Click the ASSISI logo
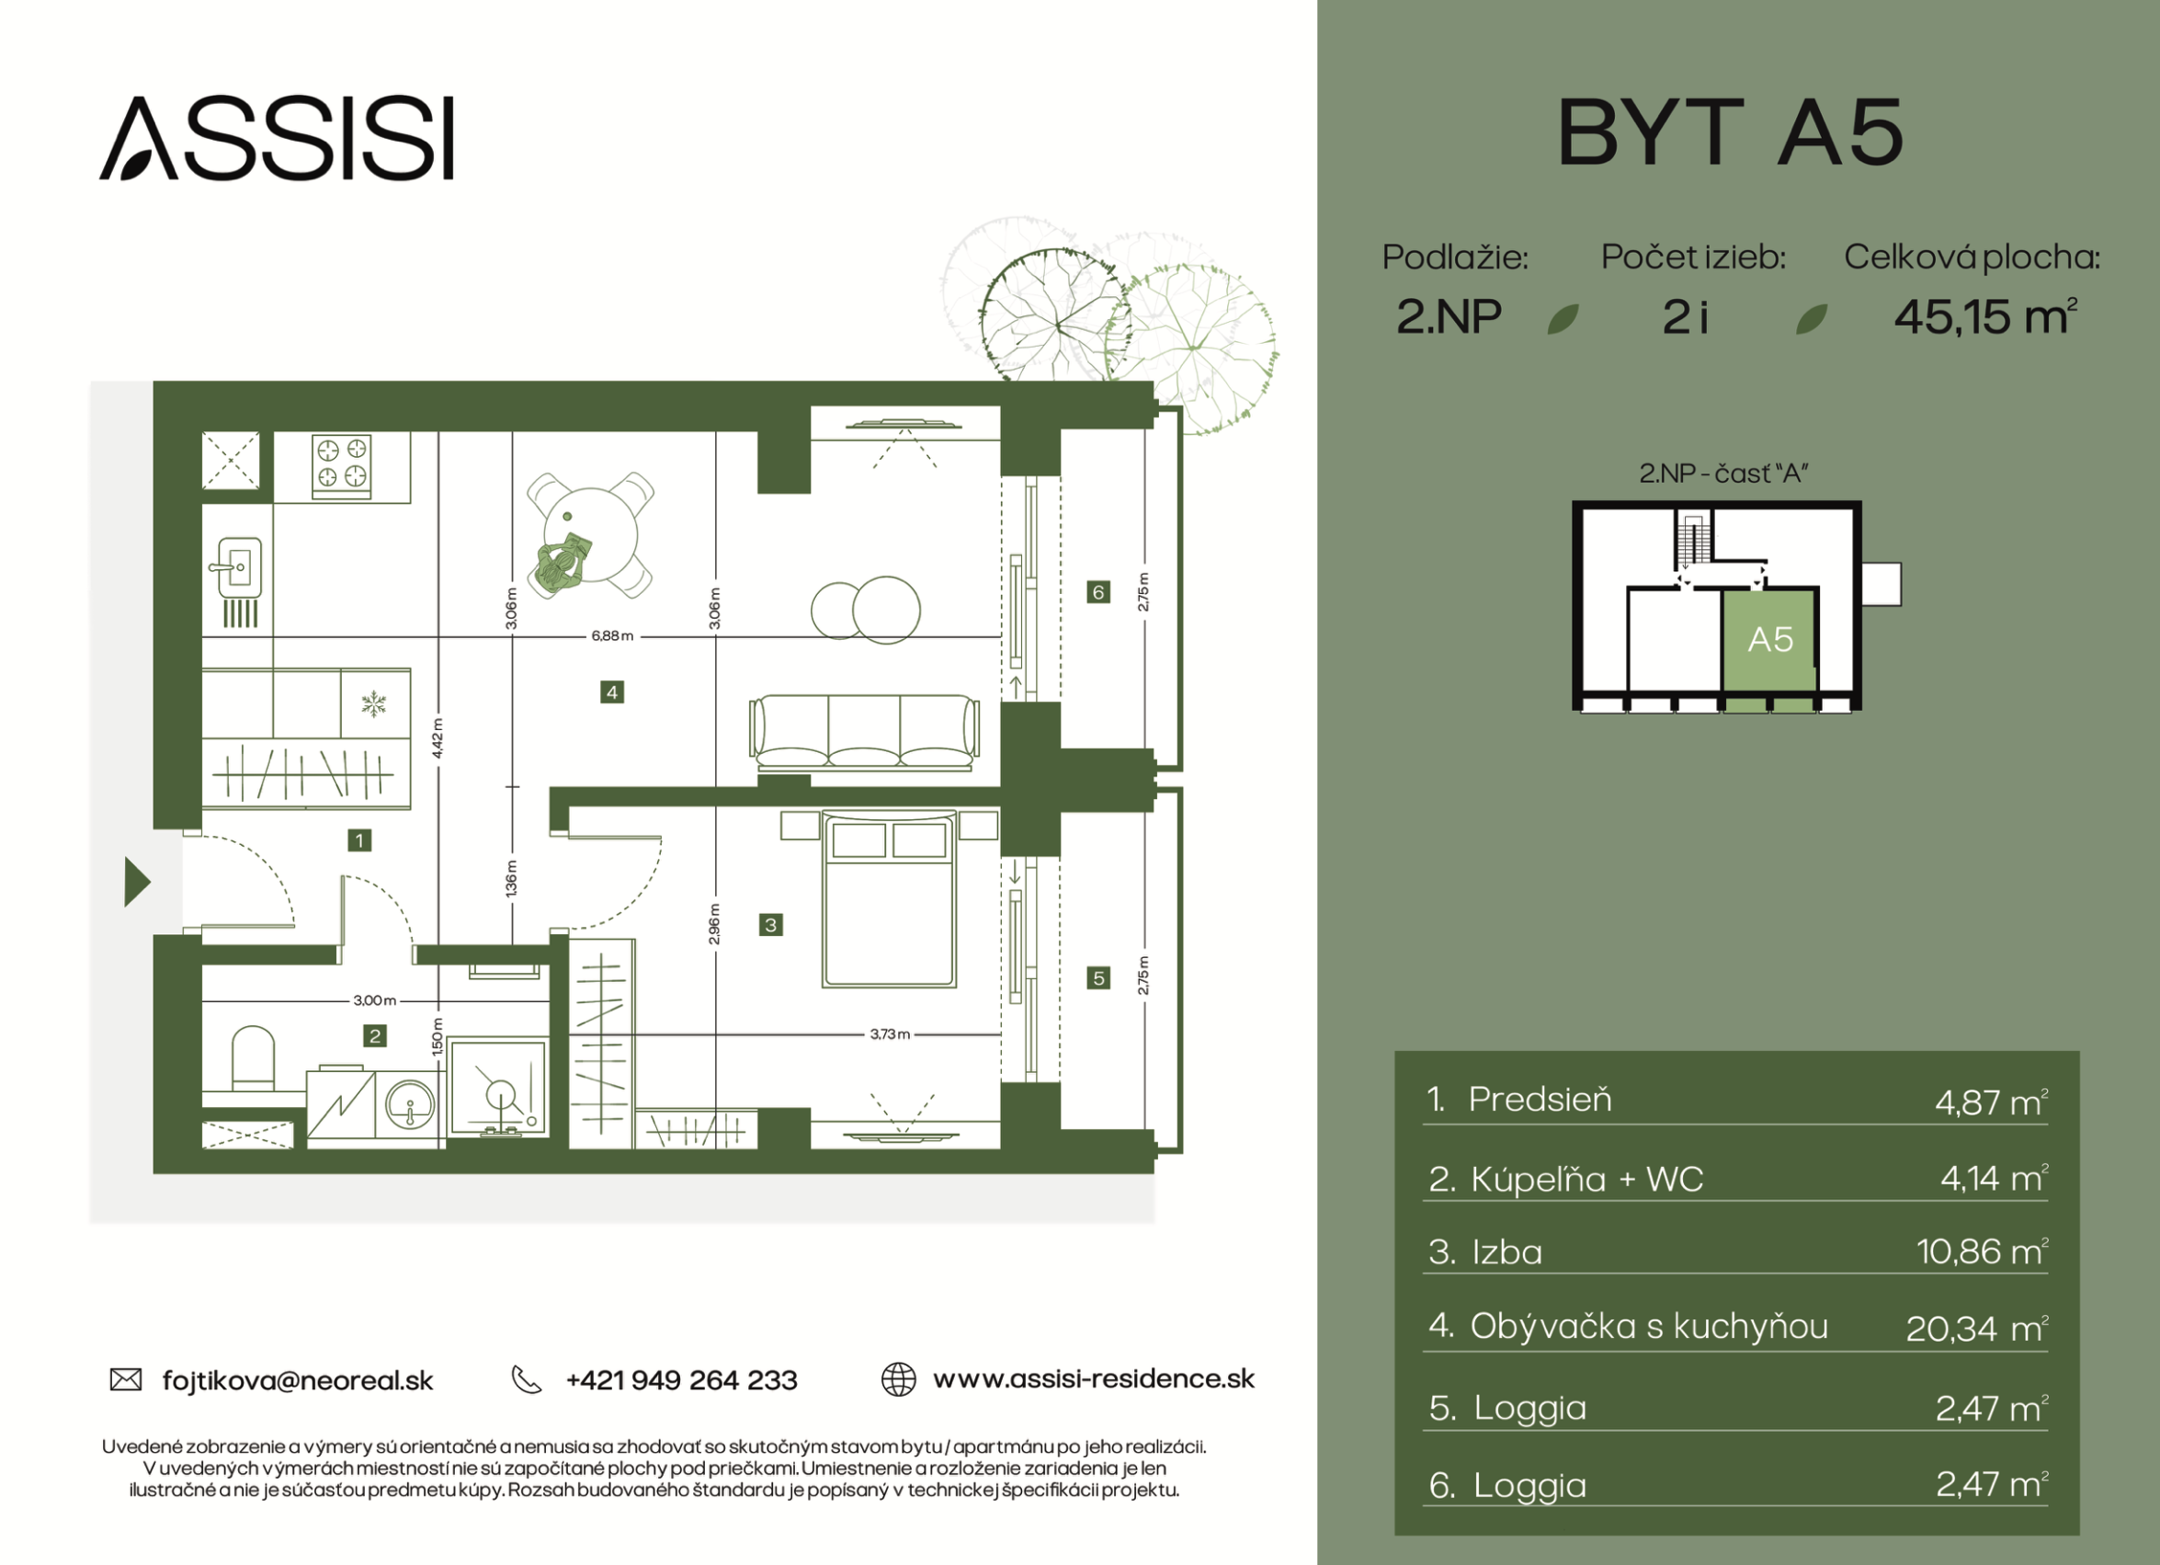(x=276, y=138)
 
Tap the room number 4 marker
(x=612, y=692)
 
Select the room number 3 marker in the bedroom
(x=770, y=924)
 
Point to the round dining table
(x=590, y=535)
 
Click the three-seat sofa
(x=864, y=732)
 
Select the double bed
(x=889, y=899)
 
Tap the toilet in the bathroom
(x=254, y=1057)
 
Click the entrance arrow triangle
(x=137, y=882)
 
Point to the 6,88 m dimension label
(x=612, y=636)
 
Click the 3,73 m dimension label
(x=890, y=1034)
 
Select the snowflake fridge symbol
(x=373, y=705)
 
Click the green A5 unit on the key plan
(x=1768, y=640)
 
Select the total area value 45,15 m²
(x=1985, y=317)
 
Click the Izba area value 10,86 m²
(x=1982, y=1251)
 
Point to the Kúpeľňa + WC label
(x=1586, y=1179)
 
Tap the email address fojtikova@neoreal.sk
(x=298, y=1380)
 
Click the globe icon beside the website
(x=898, y=1379)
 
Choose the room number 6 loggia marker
(x=1098, y=592)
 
